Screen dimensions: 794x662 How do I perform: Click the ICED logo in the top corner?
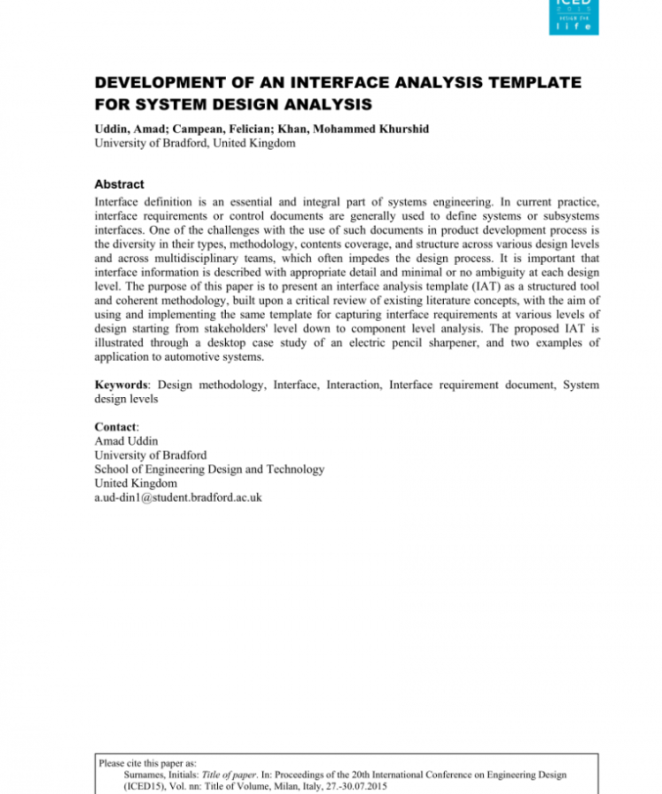(x=574, y=16)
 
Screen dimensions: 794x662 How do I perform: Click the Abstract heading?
(x=119, y=184)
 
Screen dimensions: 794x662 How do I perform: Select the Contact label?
(x=117, y=427)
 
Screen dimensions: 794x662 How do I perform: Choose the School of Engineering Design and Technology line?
(x=208, y=469)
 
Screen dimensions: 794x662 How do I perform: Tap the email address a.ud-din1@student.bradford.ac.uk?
(x=177, y=498)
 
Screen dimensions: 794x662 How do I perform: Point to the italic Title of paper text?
(x=222, y=775)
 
